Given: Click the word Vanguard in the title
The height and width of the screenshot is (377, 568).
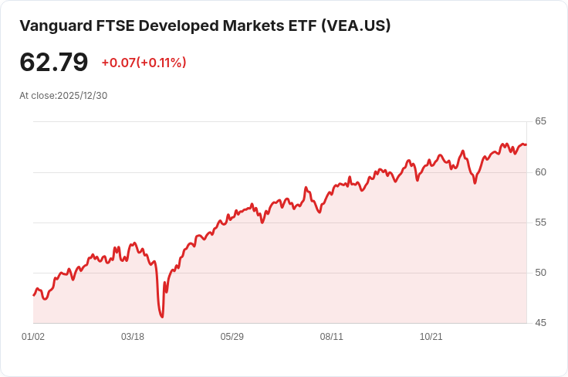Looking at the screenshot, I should pyautogui.click(x=53, y=25).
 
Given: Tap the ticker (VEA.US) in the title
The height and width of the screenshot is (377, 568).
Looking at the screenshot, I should pyautogui.click(x=353, y=25).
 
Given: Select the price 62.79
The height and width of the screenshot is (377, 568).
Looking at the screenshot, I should pyautogui.click(x=54, y=63).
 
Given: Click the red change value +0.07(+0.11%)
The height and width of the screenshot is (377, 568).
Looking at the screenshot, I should pyautogui.click(x=144, y=63).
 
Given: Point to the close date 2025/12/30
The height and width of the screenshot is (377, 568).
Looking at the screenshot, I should pyautogui.click(x=82, y=96).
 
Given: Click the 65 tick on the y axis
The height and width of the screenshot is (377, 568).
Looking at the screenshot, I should pyautogui.click(x=540, y=121).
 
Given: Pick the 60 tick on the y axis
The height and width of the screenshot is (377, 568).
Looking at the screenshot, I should pyautogui.click(x=540, y=172).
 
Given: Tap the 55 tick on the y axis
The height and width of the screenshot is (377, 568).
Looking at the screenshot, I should pyautogui.click(x=540, y=222).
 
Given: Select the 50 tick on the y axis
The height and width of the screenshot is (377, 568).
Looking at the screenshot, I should pyautogui.click(x=540, y=273).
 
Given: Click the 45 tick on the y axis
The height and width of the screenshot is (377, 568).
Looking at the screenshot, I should pyautogui.click(x=540, y=323).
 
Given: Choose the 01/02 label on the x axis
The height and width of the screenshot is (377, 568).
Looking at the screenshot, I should pyautogui.click(x=33, y=337).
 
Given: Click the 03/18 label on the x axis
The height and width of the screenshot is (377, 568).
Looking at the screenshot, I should pyautogui.click(x=133, y=337).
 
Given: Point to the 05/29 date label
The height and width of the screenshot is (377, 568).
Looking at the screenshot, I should pyautogui.click(x=232, y=337).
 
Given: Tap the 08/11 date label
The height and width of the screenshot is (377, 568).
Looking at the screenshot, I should pyautogui.click(x=332, y=337).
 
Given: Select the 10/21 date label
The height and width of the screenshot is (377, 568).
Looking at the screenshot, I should pyautogui.click(x=431, y=337).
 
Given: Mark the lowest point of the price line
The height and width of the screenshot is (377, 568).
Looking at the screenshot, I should pyautogui.click(x=162, y=317).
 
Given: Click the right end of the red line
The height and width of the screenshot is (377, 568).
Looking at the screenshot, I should pyautogui.click(x=526, y=144).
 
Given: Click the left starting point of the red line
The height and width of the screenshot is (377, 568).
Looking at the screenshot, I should pyautogui.click(x=33, y=295).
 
